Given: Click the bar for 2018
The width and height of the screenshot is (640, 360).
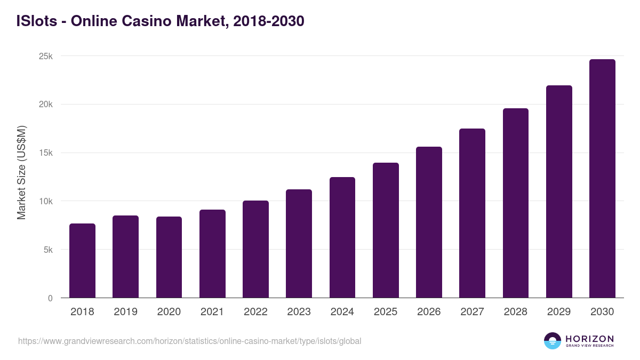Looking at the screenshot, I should (x=82, y=261).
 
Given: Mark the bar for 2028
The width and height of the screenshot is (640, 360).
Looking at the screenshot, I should (x=516, y=203).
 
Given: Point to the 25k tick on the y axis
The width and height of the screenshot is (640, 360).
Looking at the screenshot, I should (x=46, y=56).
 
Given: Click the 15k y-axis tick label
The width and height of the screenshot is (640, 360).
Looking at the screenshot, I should (x=46, y=153).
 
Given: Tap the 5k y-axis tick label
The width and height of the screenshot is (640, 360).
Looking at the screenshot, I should (x=47, y=250).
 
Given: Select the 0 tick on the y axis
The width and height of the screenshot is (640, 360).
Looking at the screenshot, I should (x=50, y=298).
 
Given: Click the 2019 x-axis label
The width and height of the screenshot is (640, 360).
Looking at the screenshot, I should (x=125, y=312).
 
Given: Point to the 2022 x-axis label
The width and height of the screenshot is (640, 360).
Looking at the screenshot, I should (x=255, y=312).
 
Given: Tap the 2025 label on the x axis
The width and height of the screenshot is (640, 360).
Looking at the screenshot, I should (x=386, y=312).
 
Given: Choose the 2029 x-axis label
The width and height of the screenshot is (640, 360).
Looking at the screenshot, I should (x=559, y=312).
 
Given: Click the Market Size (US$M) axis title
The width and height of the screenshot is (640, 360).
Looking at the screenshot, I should (x=21, y=173).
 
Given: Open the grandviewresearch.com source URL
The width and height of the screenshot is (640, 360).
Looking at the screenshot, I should (x=189, y=341).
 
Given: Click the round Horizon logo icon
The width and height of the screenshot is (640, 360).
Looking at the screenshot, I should (x=553, y=341).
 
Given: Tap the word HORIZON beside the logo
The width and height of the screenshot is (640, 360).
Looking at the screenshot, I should (x=589, y=339).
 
